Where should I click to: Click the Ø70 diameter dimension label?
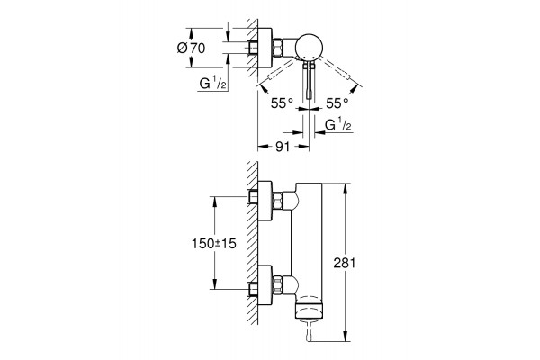pos(191,48)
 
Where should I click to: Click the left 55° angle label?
pos(282,103)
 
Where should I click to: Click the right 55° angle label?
pos(337,103)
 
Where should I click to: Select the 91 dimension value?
pos(283,147)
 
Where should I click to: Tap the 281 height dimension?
pos(344,263)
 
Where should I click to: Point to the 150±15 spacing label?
pos(214,244)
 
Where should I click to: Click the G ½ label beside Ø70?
pos(212,84)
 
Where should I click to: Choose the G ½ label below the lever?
pos(338,125)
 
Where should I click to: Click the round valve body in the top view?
pos(310,47)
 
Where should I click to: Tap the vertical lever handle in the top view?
pos(310,81)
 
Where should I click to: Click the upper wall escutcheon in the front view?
pos(265,200)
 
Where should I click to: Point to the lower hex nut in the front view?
pos(278,284)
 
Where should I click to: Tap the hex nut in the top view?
pos(278,47)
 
